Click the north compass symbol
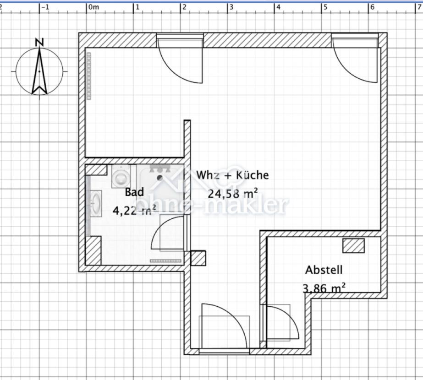tap(39, 72)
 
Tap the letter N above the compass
tap(39, 42)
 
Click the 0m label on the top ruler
tap(93, 7)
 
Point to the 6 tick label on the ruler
tap(372, 7)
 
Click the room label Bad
tap(134, 192)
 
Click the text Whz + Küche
tap(232, 175)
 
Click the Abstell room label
tap(324, 270)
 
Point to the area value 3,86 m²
tap(324, 288)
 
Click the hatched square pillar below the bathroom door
tap(198, 258)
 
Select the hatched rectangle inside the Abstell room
tap(354, 246)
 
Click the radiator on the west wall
tap(88, 76)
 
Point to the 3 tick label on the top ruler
tap(231, 7)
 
